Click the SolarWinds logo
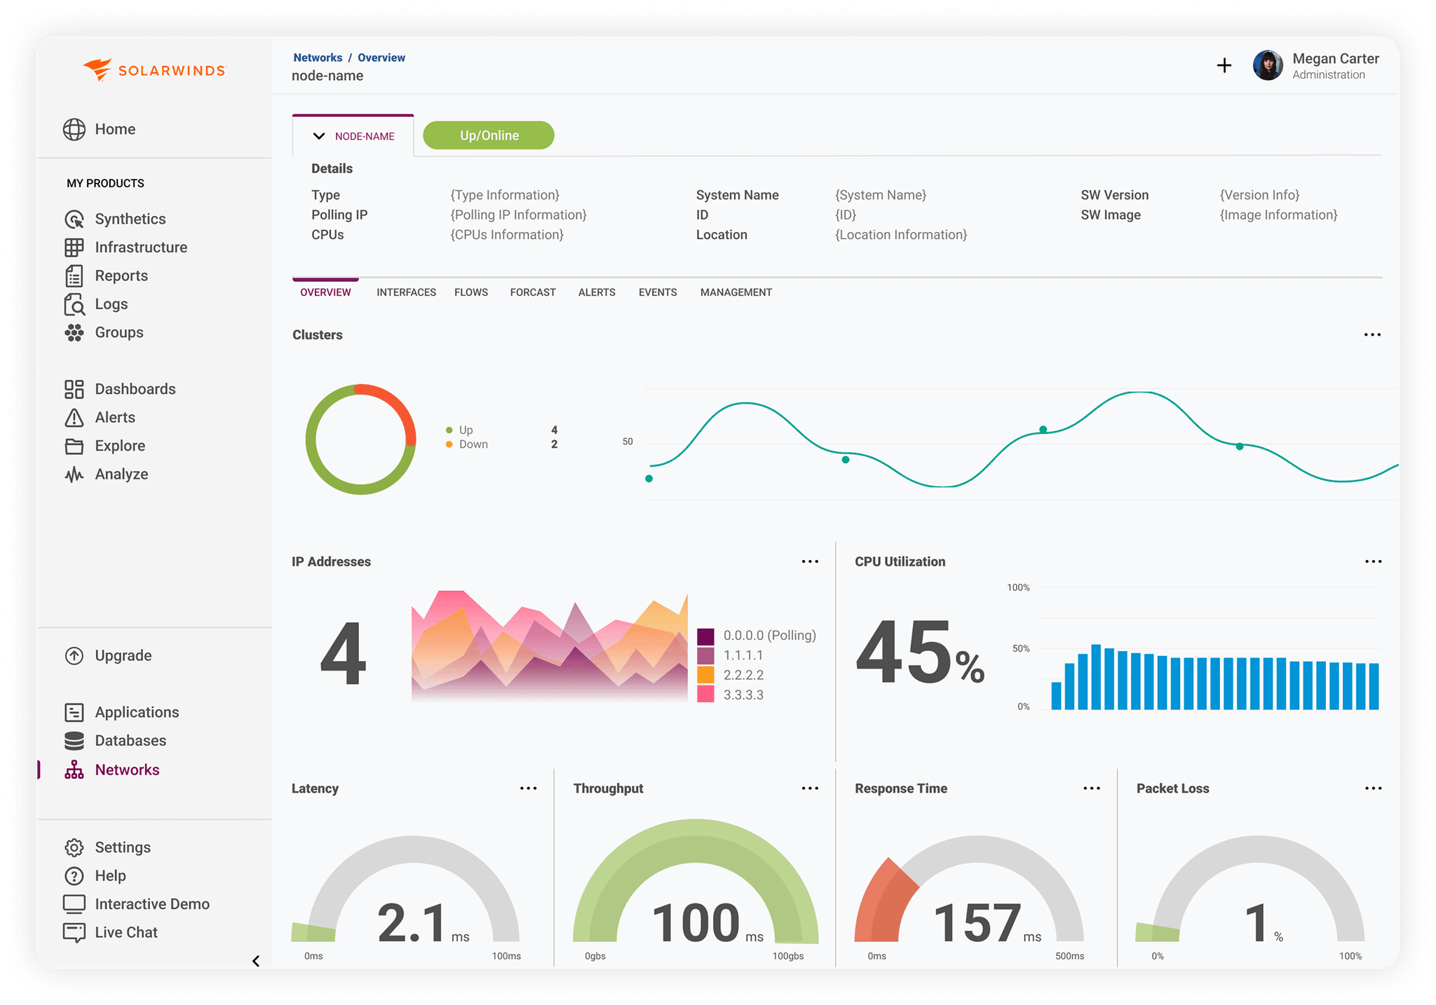click(154, 70)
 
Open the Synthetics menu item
click(130, 219)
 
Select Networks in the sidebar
click(126, 770)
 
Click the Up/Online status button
click(489, 135)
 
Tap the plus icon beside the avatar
click(1224, 65)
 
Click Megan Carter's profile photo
click(1267, 65)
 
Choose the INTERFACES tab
click(406, 292)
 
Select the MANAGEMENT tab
click(736, 292)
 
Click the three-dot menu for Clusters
click(1371, 335)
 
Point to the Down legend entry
click(473, 444)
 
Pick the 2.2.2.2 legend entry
click(743, 675)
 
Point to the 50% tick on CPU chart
click(1020, 648)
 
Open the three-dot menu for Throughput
click(809, 788)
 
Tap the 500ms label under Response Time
click(1069, 956)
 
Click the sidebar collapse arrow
click(256, 961)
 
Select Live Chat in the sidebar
click(126, 932)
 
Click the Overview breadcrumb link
click(381, 57)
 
